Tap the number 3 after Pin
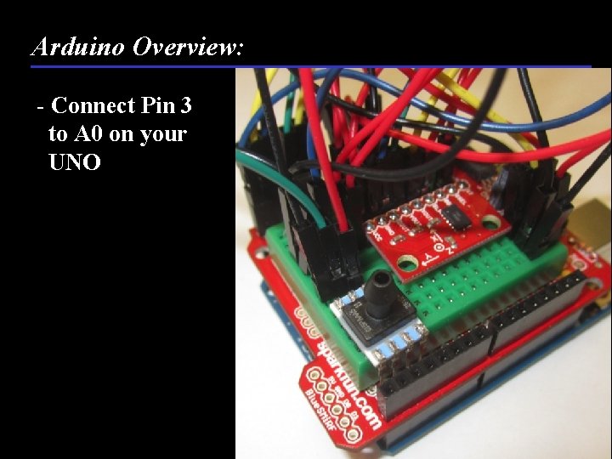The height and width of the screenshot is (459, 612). pos(185,106)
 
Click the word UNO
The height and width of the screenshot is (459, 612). pos(75,161)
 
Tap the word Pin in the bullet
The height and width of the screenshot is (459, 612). pos(157,106)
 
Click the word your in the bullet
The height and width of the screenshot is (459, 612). pos(164,134)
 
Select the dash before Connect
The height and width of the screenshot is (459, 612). pos(41,107)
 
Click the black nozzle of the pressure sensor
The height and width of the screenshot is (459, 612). pos(381,282)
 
